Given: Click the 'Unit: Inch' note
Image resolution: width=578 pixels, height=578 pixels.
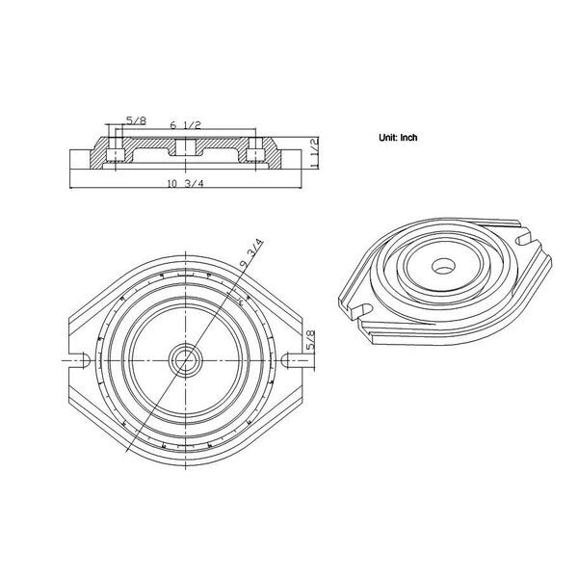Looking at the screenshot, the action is click(398, 138).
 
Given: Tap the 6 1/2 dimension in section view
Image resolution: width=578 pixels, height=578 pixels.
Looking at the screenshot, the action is click(185, 125).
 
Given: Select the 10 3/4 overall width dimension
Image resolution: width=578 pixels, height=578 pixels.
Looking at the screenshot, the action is click(185, 184).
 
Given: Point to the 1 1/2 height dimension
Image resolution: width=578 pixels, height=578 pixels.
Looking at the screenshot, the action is click(314, 153).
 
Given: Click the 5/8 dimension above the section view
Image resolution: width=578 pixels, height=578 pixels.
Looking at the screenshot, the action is click(136, 120).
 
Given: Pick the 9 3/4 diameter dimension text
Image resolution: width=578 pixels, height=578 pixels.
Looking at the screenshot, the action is click(251, 253).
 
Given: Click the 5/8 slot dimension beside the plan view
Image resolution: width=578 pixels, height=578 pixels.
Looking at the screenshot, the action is click(311, 340).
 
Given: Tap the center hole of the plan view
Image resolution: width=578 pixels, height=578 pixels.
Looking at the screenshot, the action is click(185, 360).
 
